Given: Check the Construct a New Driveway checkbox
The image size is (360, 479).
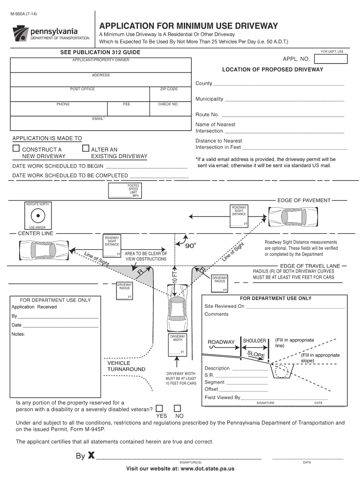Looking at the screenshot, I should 16,148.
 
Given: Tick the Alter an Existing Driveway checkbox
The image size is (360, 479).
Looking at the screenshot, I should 85,148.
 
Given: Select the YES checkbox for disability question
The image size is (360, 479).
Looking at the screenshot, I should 159,408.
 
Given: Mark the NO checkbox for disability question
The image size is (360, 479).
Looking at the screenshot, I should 177,408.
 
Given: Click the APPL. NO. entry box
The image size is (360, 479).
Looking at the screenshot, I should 331,59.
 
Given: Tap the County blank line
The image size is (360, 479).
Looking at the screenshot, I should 279,84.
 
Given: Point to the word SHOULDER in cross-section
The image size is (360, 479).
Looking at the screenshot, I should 254,341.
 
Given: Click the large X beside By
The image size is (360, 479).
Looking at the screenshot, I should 91,456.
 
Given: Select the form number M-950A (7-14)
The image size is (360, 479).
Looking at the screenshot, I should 25,13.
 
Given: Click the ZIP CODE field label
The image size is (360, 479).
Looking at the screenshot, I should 169,89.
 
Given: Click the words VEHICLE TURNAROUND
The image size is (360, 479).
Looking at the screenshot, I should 126,366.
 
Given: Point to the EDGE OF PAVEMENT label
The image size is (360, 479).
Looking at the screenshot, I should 304,200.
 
